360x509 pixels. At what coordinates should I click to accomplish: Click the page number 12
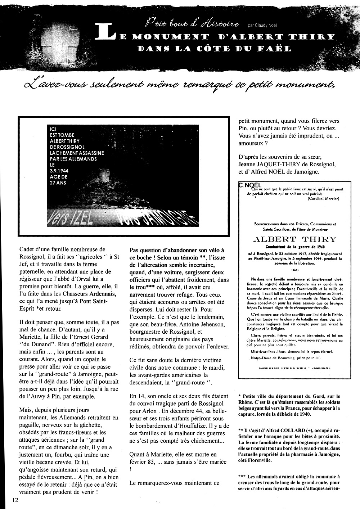15,500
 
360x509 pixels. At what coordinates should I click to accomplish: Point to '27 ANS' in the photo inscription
59,183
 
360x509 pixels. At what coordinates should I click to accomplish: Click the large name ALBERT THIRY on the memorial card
294,239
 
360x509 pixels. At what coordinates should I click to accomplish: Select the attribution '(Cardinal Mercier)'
323,199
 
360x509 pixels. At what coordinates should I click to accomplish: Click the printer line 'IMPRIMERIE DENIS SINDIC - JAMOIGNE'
294,368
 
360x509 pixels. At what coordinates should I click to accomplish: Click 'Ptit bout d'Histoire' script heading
192,24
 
